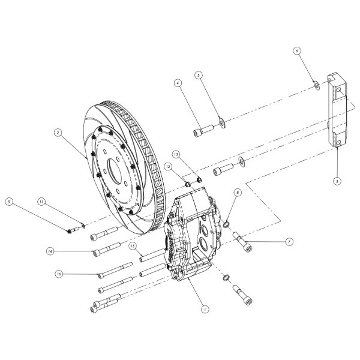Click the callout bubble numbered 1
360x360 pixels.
205,310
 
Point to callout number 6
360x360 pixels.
296,52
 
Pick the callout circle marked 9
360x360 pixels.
9,202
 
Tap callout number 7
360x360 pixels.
289,241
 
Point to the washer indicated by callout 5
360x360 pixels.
223,123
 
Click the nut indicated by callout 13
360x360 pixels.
199,175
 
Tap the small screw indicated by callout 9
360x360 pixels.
73,229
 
